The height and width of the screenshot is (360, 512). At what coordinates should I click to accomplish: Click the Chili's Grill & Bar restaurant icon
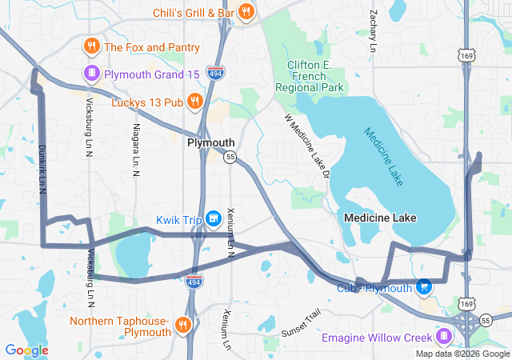coord(246,13)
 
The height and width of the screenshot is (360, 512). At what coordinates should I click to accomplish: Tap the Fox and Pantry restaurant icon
coord(92,47)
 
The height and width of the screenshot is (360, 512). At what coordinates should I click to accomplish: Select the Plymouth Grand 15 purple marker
coord(92,74)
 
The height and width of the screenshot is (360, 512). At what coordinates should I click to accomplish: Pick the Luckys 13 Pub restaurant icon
coord(194,102)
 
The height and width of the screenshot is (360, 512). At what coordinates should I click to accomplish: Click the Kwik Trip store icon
coord(213,218)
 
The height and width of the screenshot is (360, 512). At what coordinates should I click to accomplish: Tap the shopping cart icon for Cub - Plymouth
coord(424,286)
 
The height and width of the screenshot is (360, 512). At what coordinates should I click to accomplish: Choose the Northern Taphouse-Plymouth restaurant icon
coord(183,325)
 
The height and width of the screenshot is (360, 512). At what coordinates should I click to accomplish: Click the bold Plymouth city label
coord(211,142)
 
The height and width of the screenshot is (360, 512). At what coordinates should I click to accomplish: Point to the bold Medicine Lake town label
coord(381,218)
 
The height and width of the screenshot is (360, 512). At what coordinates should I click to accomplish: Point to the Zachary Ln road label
coord(373,31)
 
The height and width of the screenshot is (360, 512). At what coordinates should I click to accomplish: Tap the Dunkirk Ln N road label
coord(41,169)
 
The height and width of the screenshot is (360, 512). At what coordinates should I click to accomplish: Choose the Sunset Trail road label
coord(301,322)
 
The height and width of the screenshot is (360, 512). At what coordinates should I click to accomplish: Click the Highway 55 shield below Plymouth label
coord(230,157)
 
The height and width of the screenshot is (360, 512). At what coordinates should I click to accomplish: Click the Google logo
coord(26,350)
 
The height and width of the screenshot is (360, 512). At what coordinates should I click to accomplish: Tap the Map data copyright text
coord(462,354)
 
